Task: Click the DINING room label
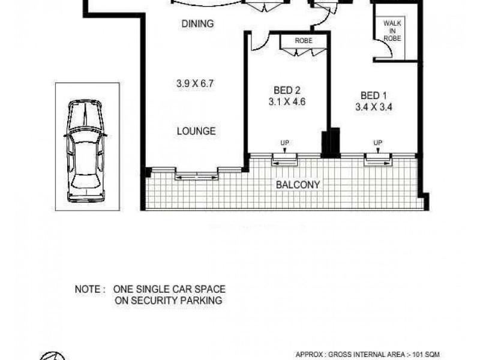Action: pyautogui.click(x=197, y=24)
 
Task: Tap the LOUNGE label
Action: pyautogui.click(x=196, y=131)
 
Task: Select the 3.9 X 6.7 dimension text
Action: pyautogui.click(x=196, y=84)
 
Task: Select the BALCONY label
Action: pyautogui.click(x=297, y=185)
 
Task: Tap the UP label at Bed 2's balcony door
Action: pyautogui.click(x=285, y=143)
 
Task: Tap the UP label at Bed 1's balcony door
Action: pyautogui.click(x=377, y=143)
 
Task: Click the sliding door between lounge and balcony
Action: pyautogui.click(x=196, y=176)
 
